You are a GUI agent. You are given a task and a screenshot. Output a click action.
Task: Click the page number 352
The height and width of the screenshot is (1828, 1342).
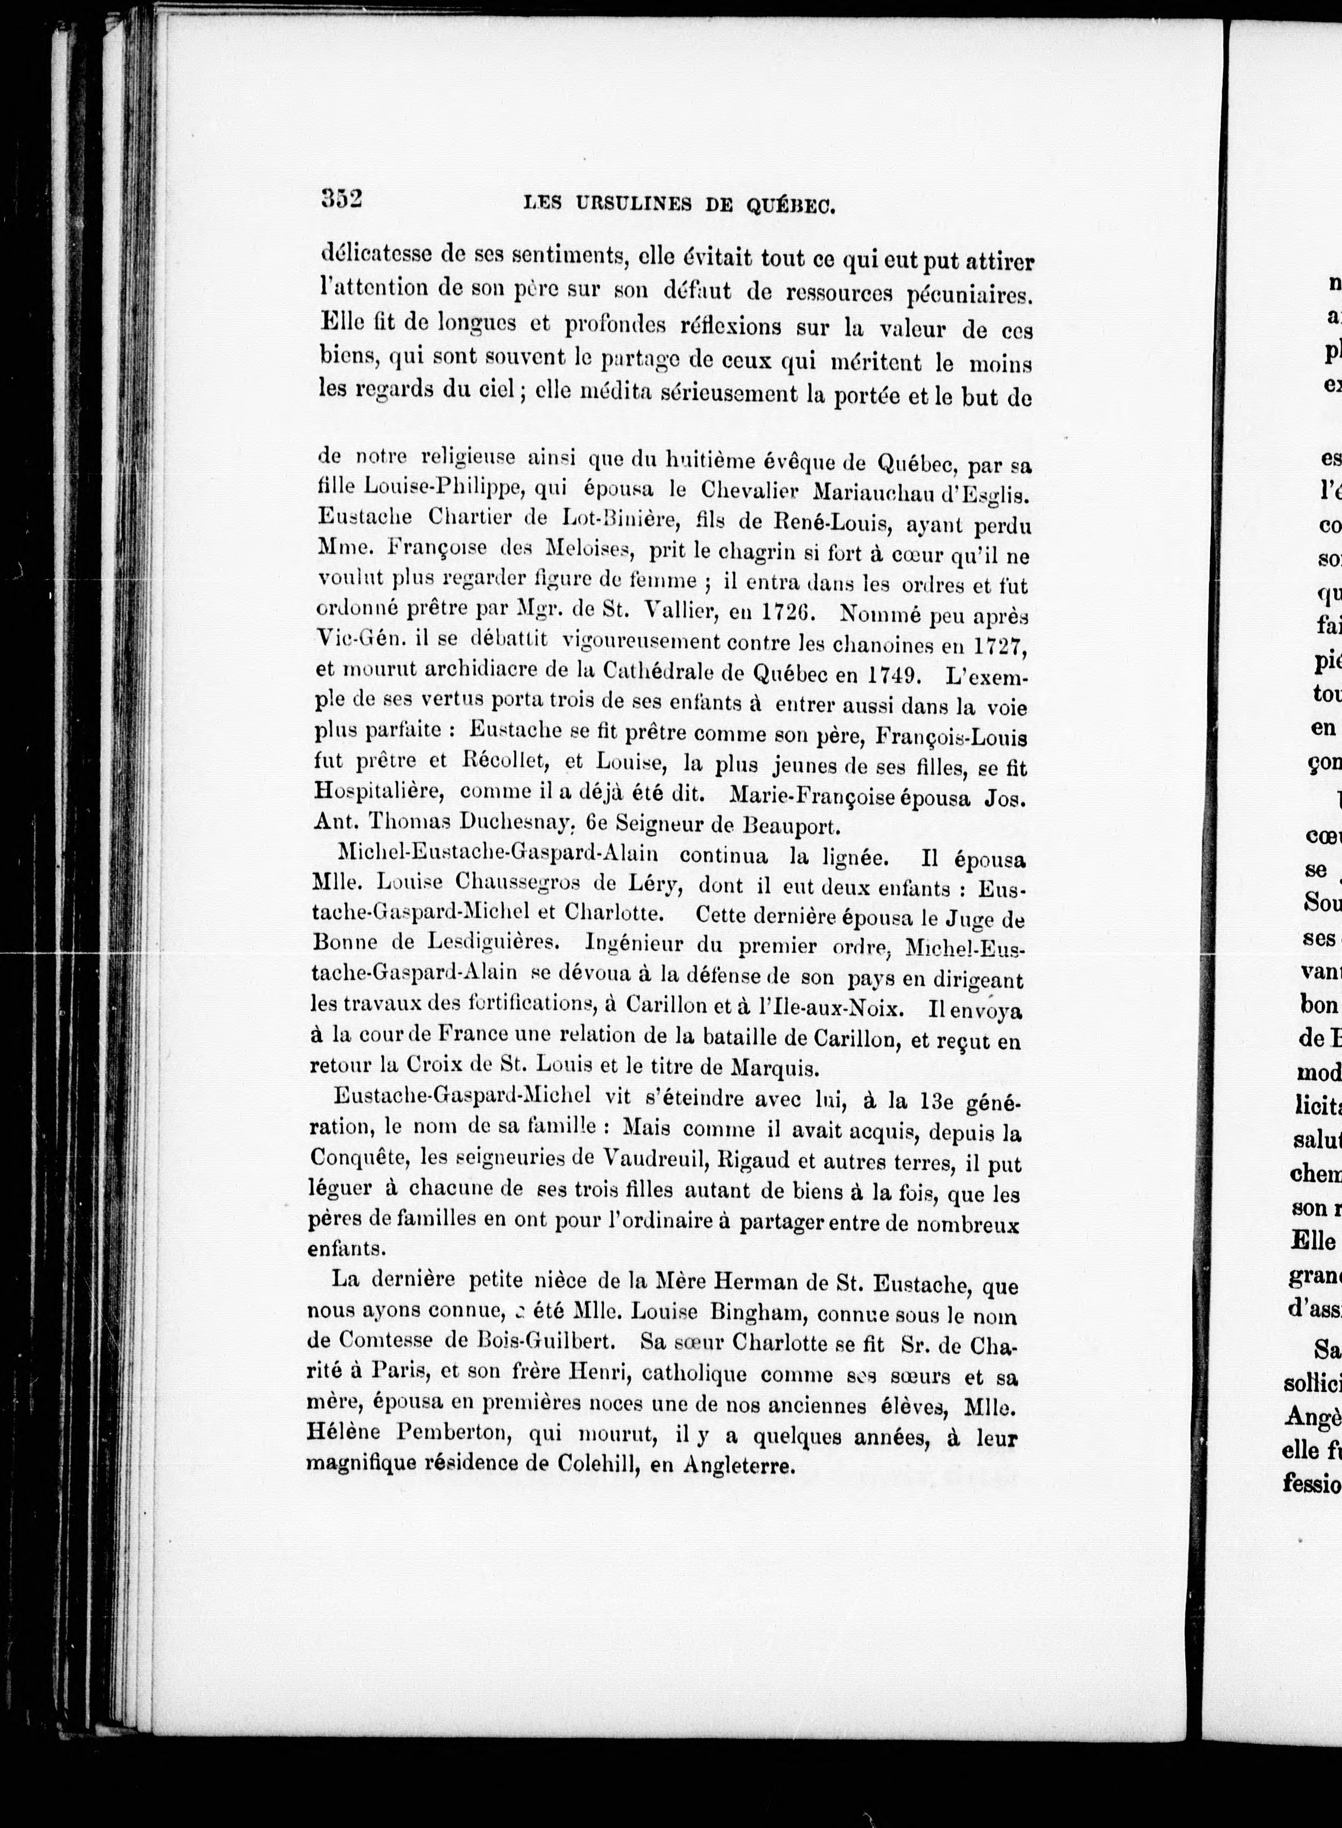[x=341, y=199]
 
